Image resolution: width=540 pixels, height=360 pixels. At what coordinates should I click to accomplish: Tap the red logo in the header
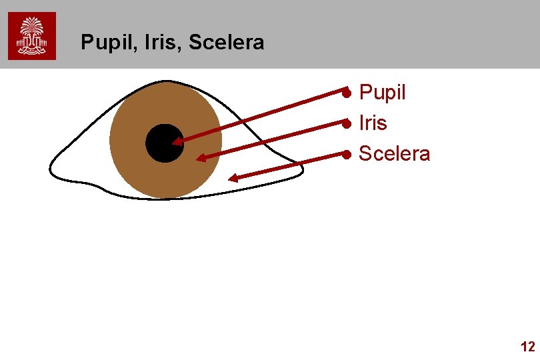point(32,36)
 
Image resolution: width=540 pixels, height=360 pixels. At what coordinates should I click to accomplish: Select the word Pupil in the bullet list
point(382,93)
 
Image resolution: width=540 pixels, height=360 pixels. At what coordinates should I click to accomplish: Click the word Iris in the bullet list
point(373,123)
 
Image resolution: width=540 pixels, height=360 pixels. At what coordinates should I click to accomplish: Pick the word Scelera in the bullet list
point(394,154)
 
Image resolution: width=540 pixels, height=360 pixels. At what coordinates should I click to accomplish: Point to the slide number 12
point(527,347)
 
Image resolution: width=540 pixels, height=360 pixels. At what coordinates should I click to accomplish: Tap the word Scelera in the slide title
point(227,43)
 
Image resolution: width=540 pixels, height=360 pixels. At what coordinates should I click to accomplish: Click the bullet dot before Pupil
point(347,93)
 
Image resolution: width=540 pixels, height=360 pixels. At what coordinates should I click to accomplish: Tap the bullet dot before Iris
point(347,123)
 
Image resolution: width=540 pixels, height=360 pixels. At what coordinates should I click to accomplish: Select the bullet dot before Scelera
point(347,154)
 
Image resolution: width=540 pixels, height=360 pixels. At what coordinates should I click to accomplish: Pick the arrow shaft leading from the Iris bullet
point(273,141)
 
